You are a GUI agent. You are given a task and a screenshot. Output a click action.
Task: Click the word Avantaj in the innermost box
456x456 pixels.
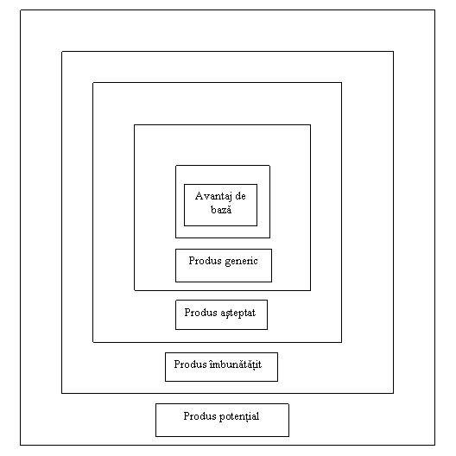pos(214,197)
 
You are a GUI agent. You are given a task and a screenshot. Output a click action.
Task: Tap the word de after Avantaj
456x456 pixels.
pos(240,196)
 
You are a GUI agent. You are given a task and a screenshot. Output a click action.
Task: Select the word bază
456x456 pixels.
pos(221,209)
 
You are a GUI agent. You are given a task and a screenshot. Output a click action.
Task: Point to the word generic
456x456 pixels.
pos(241,262)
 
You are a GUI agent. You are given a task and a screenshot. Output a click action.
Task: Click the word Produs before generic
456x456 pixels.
pos(205,261)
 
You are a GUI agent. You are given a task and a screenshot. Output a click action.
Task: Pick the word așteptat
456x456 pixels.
pos(237,313)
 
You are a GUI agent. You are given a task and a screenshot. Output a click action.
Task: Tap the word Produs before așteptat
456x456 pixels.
pos(200,313)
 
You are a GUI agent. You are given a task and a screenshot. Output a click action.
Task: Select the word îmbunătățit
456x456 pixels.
pos(236,364)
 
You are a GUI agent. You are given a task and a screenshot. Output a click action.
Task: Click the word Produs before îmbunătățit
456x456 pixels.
pos(191,364)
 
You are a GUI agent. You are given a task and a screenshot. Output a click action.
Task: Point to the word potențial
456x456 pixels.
pos(239,417)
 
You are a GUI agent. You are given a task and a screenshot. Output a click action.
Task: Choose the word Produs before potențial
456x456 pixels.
pos(199,416)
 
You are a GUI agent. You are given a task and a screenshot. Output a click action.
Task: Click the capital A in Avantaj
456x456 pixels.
pos(199,196)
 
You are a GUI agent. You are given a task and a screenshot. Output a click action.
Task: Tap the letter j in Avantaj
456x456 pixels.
pos(231,197)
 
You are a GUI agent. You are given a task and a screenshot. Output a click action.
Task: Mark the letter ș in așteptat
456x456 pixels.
pos(228,314)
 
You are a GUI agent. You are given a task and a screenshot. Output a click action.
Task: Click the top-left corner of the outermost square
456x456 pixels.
pos(21,10)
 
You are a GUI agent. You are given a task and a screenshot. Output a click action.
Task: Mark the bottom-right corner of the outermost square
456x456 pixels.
pos(435,445)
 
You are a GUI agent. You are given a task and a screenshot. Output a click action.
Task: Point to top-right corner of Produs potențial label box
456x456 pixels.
pos(288,403)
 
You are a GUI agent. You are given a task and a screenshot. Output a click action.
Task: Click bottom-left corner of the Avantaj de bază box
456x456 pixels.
pos(184,225)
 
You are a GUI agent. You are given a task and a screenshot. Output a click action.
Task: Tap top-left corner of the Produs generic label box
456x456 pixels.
pos(175,250)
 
